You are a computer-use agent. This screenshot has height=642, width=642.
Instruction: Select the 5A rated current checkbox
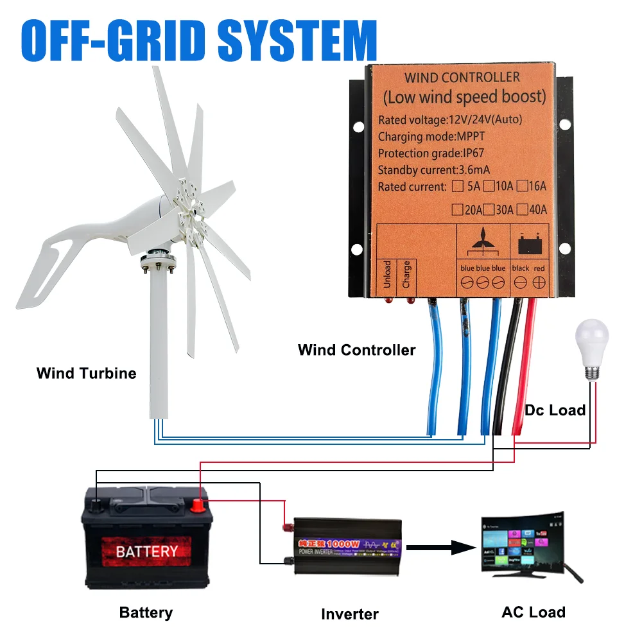[x=457, y=187]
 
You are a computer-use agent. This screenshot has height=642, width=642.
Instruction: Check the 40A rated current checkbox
[x=521, y=209]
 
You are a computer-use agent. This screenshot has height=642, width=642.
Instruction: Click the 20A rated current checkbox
[x=457, y=209]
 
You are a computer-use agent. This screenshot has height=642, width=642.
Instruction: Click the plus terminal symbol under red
[x=539, y=282]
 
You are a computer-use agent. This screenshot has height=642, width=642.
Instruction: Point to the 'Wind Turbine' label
[x=86, y=373]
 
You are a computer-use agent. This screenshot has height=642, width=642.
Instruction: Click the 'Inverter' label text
[x=350, y=614]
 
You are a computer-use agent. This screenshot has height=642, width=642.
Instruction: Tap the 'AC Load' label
[x=534, y=612]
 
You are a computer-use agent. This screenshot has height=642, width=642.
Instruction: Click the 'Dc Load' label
[x=555, y=410]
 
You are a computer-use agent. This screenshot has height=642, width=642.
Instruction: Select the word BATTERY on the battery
[x=147, y=551]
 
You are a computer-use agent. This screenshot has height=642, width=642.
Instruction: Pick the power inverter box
[x=347, y=545]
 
